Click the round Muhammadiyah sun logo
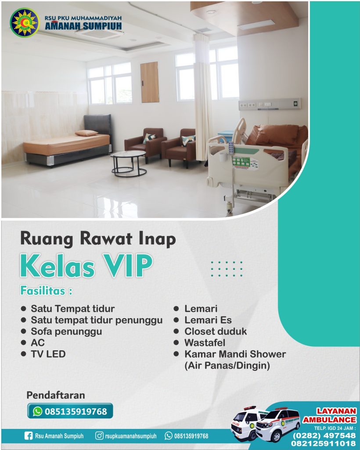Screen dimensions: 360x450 (x=24, y=23)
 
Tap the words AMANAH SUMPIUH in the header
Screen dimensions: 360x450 (x=83, y=26)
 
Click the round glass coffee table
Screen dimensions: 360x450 (x=128, y=163)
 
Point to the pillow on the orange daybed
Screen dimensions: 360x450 (x=86, y=133)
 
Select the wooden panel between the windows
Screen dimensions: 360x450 (x=150, y=82)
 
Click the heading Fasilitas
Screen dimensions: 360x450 (x=46, y=291)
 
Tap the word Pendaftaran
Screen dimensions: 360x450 (x=56, y=395)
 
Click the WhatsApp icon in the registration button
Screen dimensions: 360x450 (x=37, y=411)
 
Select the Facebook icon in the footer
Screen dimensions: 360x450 (x=29, y=436)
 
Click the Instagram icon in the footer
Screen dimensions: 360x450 (x=99, y=435)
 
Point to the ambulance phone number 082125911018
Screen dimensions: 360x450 (x=323, y=444)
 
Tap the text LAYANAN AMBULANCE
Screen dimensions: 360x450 (x=330, y=415)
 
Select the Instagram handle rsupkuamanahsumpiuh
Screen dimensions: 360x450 (x=131, y=436)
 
